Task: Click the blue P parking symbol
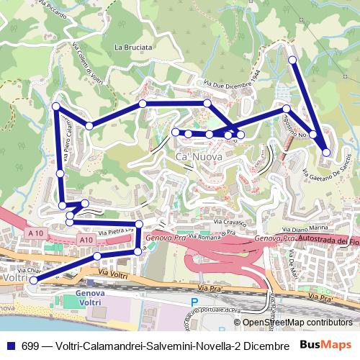(x=194, y=303)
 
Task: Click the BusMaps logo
(x=325, y=344)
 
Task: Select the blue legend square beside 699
(x=9, y=345)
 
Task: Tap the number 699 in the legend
(x=25, y=345)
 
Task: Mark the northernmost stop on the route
(x=292, y=60)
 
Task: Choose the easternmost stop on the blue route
(x=326, y=152)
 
